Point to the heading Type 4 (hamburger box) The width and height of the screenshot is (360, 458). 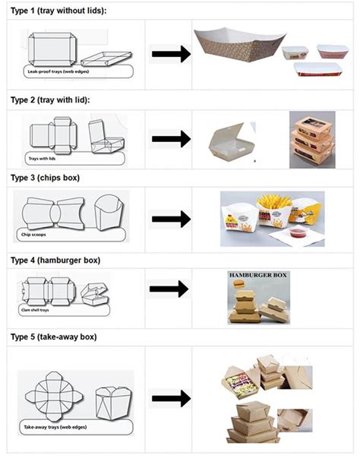tap(55, 260)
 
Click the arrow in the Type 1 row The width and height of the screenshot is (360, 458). tap(170, 54)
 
